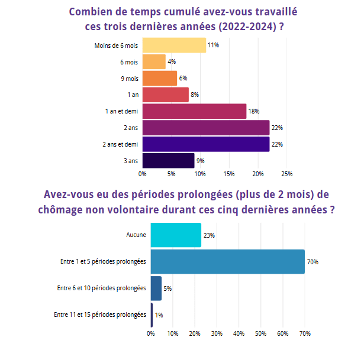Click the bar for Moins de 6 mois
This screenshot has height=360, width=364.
point(174,46)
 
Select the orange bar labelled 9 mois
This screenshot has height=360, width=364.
point(160,79)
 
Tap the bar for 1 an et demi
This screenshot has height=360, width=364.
point(194,111)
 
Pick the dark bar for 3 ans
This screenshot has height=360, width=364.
point(168,161)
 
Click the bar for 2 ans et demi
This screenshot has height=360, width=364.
point(205,144)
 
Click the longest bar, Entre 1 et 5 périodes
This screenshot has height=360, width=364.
point(227,262)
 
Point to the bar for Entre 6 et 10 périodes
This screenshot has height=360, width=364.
point(156,288)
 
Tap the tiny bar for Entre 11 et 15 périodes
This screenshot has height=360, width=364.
point(152,315)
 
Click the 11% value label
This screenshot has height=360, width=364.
point(214,46)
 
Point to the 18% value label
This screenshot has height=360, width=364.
point(254,111)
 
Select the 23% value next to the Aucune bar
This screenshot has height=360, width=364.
point(209,235)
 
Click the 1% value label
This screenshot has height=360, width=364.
point(159,315)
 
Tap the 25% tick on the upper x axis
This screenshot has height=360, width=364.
point(286,174)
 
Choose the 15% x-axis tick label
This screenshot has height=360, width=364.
point(229,174)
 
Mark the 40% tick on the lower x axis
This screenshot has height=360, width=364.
point(239,334)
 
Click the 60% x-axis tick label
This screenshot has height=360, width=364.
point(282,334)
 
